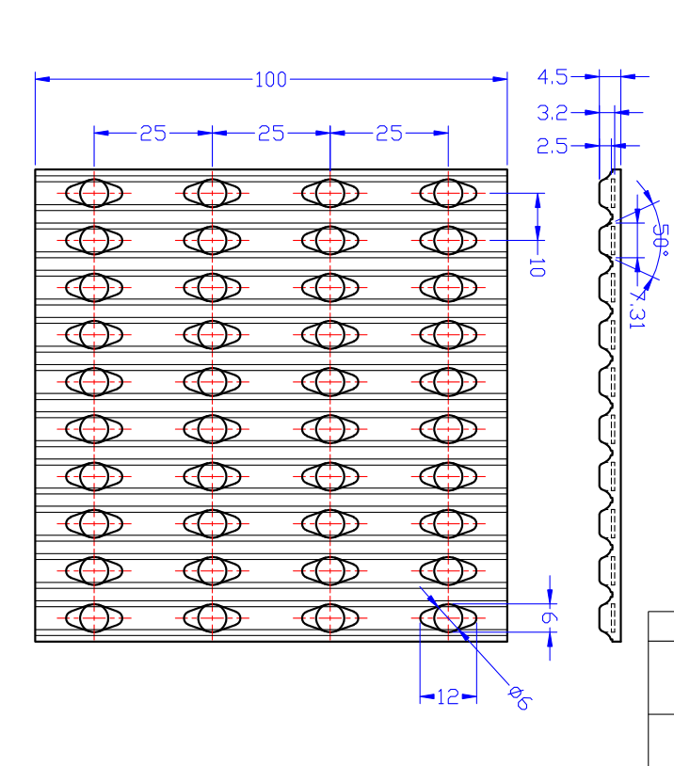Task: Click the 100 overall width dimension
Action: coord(270,80)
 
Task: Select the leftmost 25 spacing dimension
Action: coord(152,134)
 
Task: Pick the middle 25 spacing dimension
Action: coord(271,134)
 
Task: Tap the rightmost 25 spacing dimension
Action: coord(389,134)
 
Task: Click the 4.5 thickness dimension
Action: coord(552,76)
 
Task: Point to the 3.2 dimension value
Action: coord(552,113)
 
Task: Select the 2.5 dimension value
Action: coord(552,146)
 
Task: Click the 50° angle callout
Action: coord(660,240)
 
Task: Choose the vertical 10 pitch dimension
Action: coord(537,266)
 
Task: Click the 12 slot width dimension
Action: coord(448,697)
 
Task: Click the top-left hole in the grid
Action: coord(94,193)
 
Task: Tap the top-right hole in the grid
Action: coord(448,193)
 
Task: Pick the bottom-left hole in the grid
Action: coord(94,617)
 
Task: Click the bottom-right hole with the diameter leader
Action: coord(448,617)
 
